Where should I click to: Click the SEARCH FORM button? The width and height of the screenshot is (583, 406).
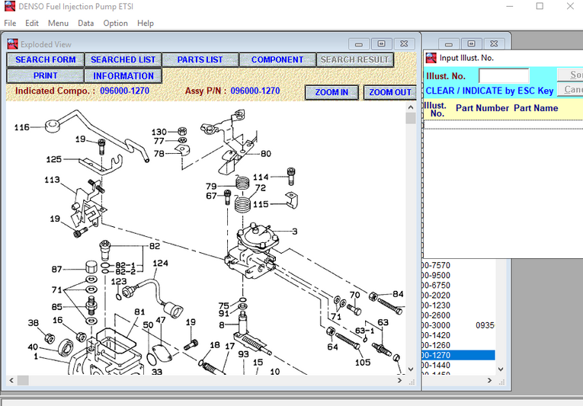click(x=46, y=59)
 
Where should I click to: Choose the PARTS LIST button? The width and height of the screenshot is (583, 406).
click(x=200, y=59)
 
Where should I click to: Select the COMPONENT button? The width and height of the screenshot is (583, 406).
click(x=277, y=59)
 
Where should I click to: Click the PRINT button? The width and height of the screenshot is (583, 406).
click(x=46, y=76)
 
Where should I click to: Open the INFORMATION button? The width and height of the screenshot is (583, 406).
click(x=123, y=76)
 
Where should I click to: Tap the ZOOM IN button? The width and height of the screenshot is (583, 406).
click(x=332, y=92)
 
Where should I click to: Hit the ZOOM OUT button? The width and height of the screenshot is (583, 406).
click(x=390, y=92)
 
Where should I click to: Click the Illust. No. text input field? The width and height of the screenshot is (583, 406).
click(x=503, y=75)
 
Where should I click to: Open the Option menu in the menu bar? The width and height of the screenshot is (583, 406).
click(x=116, y=23)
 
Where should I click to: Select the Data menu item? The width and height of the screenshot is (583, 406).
click(x=86, y=23)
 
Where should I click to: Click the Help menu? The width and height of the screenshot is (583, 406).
click(x=146, y=23)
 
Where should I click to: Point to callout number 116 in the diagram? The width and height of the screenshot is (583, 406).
click(x=22, y=127)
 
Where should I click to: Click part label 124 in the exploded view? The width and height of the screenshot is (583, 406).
click(x=160, y=264)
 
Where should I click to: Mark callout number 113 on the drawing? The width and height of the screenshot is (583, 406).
click(x=52, y=181)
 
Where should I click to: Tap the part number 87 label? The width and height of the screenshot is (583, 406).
click(x=57, y=269)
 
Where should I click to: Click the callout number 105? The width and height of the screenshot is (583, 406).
click(x=363, y=363)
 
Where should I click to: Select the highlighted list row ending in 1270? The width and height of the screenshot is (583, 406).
click(x=457, y=355)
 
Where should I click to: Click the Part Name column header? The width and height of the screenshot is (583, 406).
click(x=536, y=108)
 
